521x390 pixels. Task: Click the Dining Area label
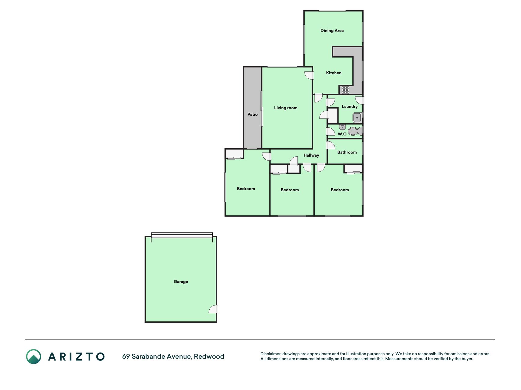332,30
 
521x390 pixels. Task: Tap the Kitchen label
334,73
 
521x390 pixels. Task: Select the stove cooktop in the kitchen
346,90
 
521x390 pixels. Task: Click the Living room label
285,108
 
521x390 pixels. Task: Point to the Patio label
252,115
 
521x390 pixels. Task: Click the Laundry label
349,107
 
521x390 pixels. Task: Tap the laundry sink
357,118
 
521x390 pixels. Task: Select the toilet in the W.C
355,131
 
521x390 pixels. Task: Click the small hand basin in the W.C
342,128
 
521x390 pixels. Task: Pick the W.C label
342,134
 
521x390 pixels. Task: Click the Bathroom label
347,152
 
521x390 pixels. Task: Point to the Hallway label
311,155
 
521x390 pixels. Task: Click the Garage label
181,282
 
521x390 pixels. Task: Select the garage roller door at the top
182,235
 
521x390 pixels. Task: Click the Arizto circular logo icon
34,356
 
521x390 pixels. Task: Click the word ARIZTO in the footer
76,356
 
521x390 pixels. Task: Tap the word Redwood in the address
209,356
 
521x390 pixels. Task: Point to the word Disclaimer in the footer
271,354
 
